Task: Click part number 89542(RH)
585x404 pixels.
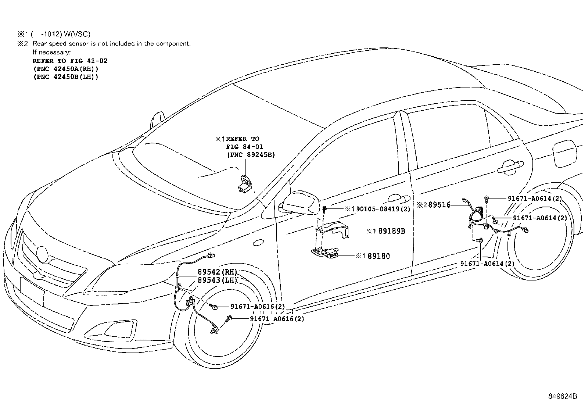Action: (x=217, y=272)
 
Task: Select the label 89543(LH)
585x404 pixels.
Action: (x=217, y=280)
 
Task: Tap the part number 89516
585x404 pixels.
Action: (x=439, y=205)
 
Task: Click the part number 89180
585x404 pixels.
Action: (x=376, y=256)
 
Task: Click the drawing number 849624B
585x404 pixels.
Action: (x=563, y=396)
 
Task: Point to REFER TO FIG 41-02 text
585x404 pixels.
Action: (x=70, y=61)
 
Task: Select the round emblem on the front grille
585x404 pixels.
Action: (x=42, y=254)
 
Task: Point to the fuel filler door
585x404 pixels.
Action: (x=563, y=154)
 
